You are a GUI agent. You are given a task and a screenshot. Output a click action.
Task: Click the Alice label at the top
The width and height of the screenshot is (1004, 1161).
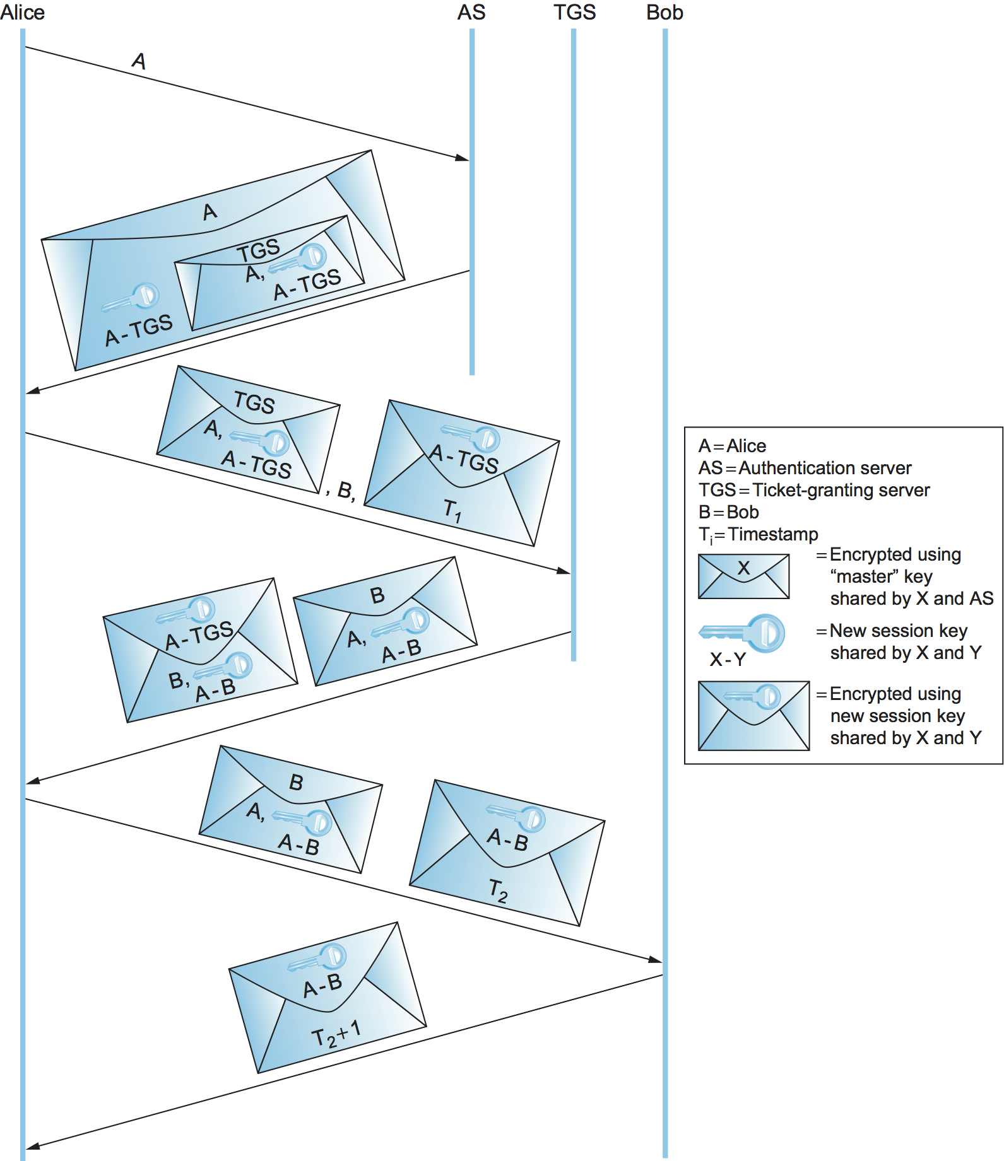pos(23,13)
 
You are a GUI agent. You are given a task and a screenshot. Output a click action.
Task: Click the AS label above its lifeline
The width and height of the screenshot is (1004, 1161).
pos(471,13)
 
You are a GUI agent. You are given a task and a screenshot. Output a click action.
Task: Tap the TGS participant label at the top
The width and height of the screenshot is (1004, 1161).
pos(574,13)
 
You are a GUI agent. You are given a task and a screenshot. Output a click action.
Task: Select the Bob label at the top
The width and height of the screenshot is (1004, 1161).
pos(664,13)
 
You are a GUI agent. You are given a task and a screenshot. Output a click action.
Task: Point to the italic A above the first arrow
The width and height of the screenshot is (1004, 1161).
pos(139,61)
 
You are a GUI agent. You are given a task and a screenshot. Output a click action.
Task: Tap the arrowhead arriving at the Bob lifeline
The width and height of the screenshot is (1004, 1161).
pos(656,960)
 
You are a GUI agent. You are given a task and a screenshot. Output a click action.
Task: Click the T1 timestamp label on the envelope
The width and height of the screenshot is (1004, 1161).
pos(452,510)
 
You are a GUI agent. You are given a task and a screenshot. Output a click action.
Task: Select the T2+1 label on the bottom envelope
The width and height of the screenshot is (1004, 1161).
pos(336,1034)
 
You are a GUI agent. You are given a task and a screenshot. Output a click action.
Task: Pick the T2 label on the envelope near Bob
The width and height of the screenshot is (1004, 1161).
pos(498,890)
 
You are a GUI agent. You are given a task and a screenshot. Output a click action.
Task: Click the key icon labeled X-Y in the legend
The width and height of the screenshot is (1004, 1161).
pos(743,633)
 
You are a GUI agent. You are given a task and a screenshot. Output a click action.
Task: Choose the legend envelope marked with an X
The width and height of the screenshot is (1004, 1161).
pos(743,576)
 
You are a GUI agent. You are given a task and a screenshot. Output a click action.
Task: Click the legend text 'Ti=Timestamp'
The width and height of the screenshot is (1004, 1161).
pos(758,535)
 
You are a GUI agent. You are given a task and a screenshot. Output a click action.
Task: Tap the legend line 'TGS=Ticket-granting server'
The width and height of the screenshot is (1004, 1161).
pos(813,490)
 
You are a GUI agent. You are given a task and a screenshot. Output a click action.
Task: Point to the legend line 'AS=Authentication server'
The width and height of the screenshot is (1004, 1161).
pos(805,468)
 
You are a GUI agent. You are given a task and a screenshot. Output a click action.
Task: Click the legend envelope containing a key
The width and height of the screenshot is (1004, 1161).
pos(753,715)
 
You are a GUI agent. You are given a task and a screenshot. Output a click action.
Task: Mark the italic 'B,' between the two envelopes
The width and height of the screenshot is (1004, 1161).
pos(345,491)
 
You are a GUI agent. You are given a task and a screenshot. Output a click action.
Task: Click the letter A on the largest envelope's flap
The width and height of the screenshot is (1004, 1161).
pos(210,212)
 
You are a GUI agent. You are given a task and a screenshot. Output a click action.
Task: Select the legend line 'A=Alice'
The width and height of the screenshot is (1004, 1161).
pos(732,446)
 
